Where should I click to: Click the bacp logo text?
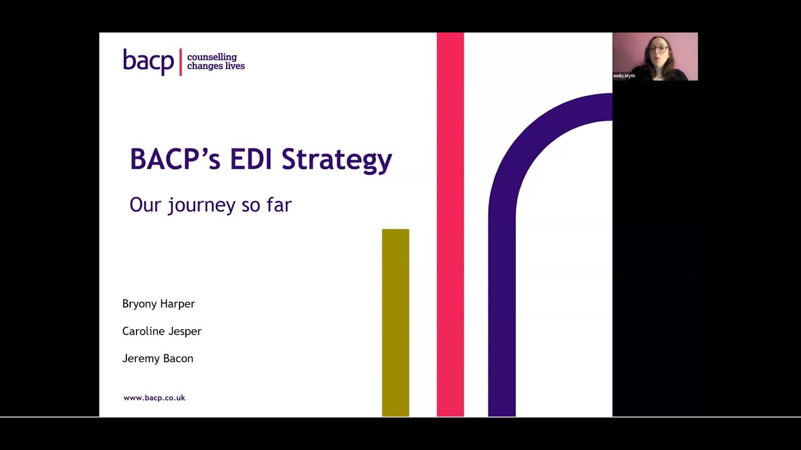click(148, 61)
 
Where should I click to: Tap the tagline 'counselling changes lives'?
click(216, 62)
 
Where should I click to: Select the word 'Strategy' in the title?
click(337, 160)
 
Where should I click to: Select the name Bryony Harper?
click(158, 304)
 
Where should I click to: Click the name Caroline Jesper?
click(161, 331)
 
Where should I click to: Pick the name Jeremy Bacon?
click(158, 359)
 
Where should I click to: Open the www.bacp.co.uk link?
click(154, 397)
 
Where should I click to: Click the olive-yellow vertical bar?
click(395, 322)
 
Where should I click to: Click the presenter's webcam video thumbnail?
click(655, 56)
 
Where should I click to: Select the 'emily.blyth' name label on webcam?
click(624, 76)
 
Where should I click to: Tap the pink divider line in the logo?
click(181, 62)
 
